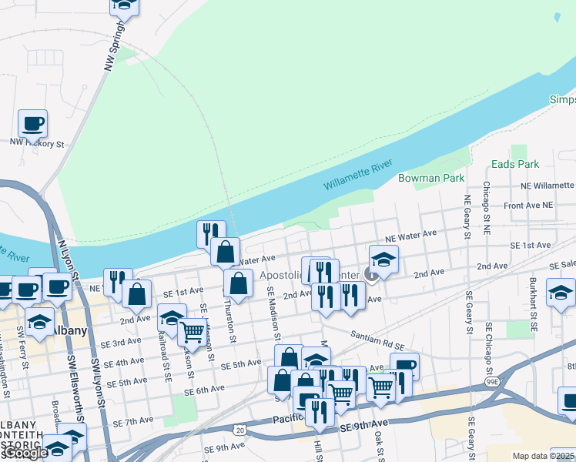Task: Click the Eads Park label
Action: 516,164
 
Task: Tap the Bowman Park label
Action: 431,178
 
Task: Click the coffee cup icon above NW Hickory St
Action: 33,123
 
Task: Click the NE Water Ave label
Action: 412,235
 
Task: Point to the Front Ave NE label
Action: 528,206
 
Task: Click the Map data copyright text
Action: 544,456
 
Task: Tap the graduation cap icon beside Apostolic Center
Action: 383,259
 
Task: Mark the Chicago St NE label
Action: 486,208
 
